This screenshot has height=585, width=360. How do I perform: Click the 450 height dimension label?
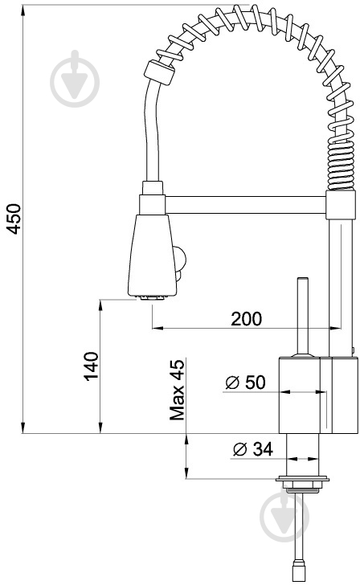coord(14,219)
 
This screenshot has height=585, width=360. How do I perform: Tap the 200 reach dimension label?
coord(246,318)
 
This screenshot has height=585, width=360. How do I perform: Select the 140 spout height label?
coord(91,366)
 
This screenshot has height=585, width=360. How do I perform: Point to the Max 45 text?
coord(177,390)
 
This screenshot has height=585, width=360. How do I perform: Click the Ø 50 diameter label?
coord(245,382)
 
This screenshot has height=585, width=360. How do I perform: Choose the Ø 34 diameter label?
coord(253,449)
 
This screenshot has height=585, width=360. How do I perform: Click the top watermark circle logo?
coord(75,79)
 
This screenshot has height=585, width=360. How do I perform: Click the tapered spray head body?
coord(152,256)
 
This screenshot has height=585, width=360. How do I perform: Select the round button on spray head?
coord(180,258)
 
